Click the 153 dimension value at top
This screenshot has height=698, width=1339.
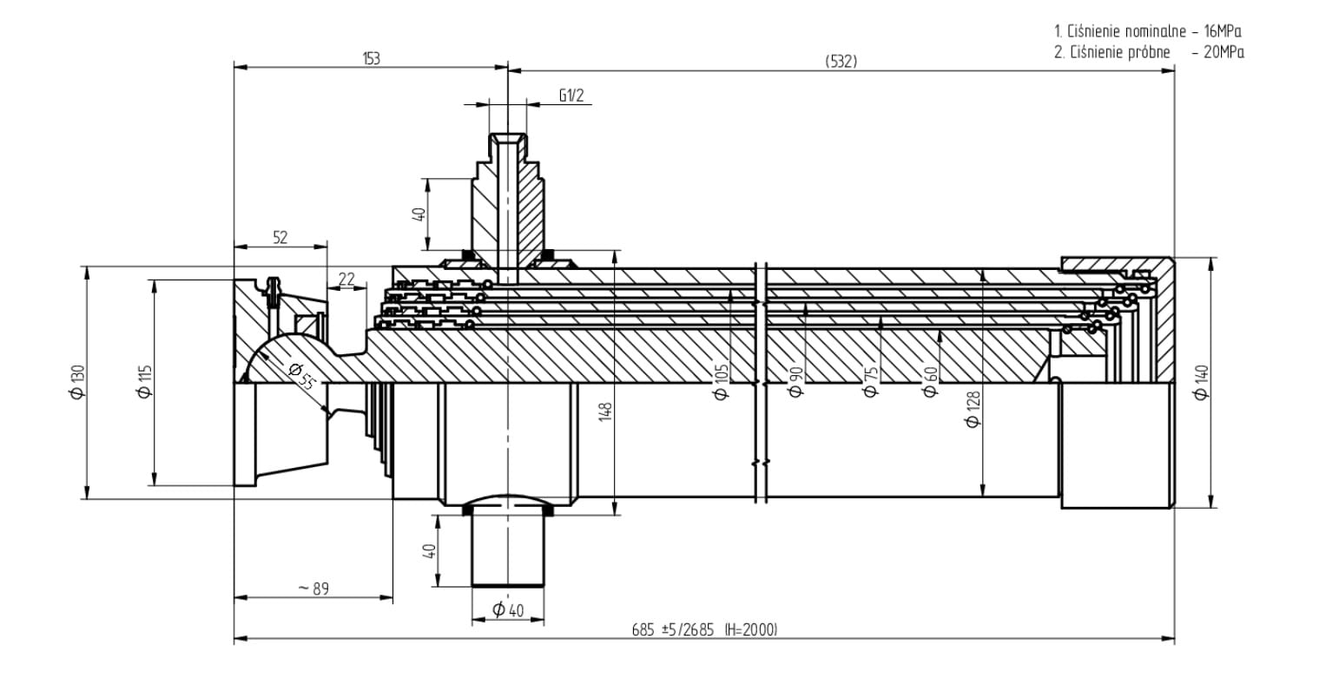(371, 59)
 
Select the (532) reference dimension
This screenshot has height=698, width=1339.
(841, 61)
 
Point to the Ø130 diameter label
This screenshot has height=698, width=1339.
(77, 382)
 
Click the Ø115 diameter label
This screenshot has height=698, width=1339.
(145, 382)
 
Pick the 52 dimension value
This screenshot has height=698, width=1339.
(280, 238)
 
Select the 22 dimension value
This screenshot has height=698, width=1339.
(346, 279)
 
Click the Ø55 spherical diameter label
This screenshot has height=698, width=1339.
(300, 376)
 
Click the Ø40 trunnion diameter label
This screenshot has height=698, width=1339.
(508, 610)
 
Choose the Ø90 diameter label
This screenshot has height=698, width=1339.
(795, 379)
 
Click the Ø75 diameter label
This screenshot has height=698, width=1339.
(870, 381)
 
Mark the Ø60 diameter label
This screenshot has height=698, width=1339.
(930, 381)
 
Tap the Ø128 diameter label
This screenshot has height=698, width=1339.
(973, 409)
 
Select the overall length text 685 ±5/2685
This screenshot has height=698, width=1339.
(672, 629)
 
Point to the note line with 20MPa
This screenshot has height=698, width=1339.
(1148, 52)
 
